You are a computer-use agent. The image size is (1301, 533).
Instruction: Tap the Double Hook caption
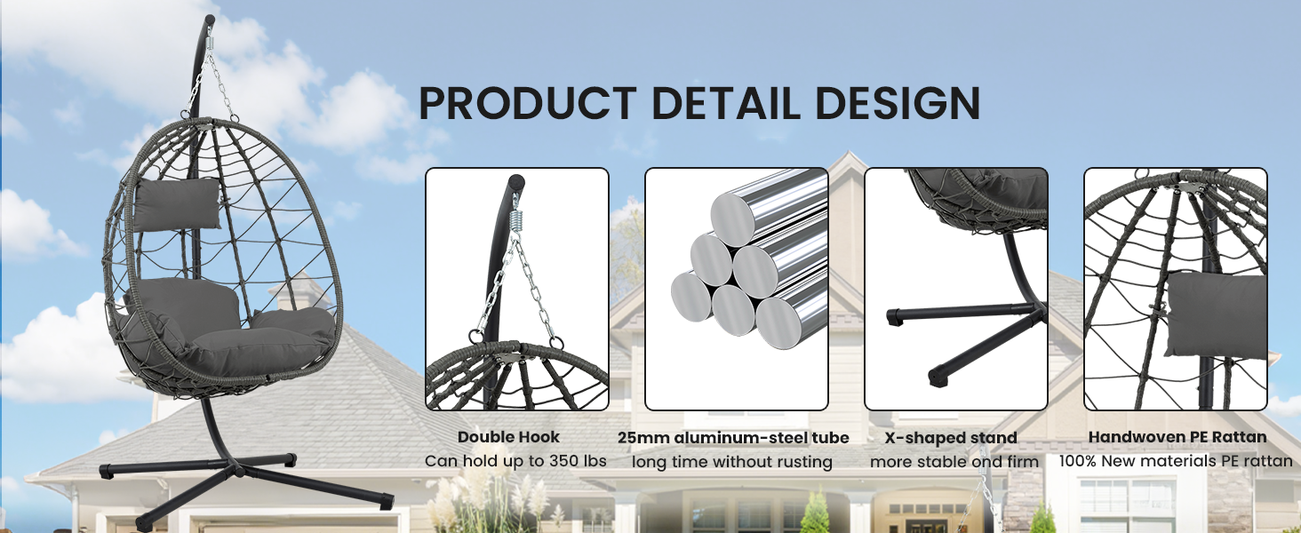click(x=509, y=437)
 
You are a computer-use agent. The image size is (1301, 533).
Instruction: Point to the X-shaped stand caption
click(x=951, y=438)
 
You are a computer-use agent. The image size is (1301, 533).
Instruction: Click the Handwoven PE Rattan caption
click(x=1177, y=437)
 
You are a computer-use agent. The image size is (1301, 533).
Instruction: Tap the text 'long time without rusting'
click(x=732, y=462)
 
